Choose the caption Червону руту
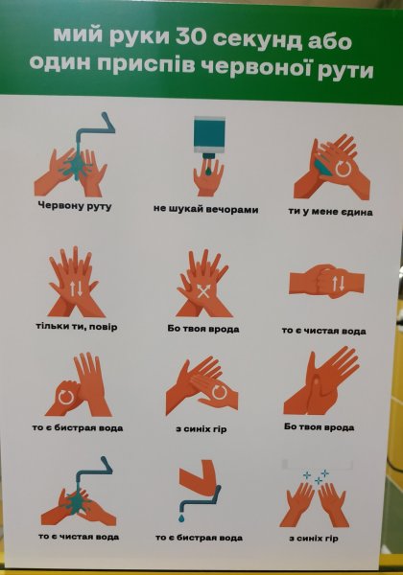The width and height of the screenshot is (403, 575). tap(75, 206)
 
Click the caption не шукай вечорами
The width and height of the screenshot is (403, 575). tap(206, 210)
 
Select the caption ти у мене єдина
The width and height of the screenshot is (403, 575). tap(330, 212)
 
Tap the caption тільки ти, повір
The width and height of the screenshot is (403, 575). tap(77, 327)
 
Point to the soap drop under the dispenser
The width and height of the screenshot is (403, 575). tap(208, 171)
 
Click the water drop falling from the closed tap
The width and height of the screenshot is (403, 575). tap(182, 517)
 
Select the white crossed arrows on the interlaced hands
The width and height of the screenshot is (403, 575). tap(203, 290)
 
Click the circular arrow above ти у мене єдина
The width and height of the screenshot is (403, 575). tap(344, 168)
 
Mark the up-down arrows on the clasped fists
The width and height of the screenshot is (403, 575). tap(338, 283)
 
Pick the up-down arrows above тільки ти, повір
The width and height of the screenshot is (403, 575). tap(75, 288)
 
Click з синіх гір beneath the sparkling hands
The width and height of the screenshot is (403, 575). tap(313, 539)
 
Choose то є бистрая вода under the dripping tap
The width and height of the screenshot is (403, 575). tap(199, 538)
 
